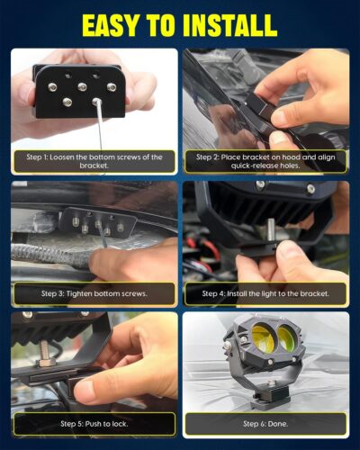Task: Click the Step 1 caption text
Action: [94, 161]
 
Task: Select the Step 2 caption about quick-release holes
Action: [265, 161]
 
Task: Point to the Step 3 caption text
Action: [94, 293]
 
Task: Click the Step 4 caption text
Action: [265, 293]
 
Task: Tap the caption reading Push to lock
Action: [94, 424]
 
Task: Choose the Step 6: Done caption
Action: [265, 424]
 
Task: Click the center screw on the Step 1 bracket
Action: [82, 87]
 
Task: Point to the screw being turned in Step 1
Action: [96, 101]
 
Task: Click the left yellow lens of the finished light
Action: [263, 338]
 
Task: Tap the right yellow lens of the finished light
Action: [286, 337]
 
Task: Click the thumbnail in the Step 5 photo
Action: [85, 391]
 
